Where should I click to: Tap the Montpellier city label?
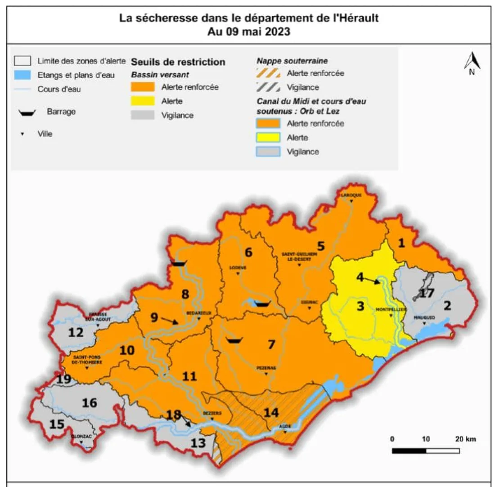pyautogui.click(x=390, y=310)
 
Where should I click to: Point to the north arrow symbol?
pyautogui.click(x=472, y=63)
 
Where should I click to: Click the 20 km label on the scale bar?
pyautogui.click(x=464, y=439)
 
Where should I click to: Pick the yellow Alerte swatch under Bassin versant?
pyautogui.click(x=143, y=101)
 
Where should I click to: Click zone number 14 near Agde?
pyautogui.click(x=271, y=412)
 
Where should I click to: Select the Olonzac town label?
pyautogui.click(x=81, y=436)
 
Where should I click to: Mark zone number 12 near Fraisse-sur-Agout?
pyautogui.click(x=76, y=333)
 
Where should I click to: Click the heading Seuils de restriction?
pyautogui.click(x=178, y=62)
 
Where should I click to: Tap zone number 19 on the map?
pyautogui.click(x=64, y=379)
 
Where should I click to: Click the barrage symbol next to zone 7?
pyautogui.click(x=234, y=341)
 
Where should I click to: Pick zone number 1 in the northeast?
pyautogui.click(x=401, y=243)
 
